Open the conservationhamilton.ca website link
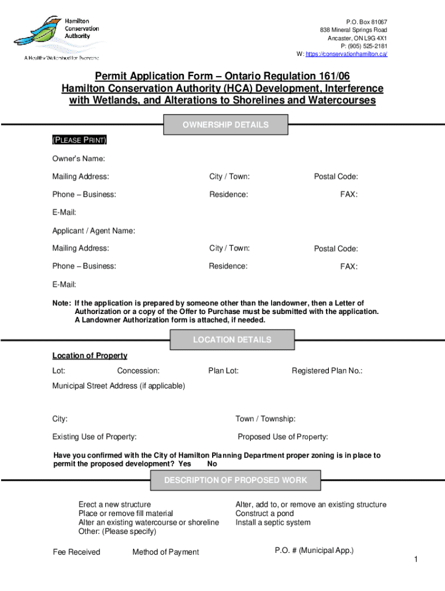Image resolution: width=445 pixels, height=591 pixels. point(346,54)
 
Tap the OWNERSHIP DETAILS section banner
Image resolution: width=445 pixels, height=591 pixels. point(225,125)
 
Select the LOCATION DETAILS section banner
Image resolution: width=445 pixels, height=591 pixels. point(232,340)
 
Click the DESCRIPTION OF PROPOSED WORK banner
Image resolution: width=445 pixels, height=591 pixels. point(236,480)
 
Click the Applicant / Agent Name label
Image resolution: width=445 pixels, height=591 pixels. point(94,231)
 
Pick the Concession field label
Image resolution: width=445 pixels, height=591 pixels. point(138,371)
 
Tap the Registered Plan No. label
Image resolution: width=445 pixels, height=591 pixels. point(327,371)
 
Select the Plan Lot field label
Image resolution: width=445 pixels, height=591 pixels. point(224,371)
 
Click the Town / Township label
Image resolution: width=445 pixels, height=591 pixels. point(265,418)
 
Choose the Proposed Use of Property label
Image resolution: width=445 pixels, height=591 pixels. point(283,436)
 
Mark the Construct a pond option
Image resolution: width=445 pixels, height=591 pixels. point(264,514)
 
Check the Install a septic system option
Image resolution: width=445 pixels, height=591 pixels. point(272,523)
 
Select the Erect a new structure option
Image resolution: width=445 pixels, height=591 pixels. point(114,504)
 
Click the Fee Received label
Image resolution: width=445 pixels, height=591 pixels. point(76,552)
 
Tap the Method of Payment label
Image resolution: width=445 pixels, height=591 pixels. point(165,552)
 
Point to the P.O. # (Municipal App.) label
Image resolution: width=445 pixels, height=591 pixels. point(314,550)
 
